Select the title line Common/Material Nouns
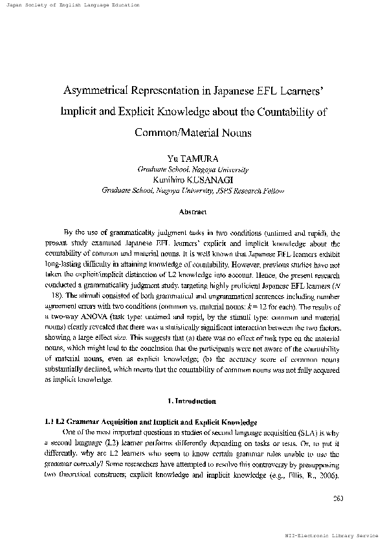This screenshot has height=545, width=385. [193, 131]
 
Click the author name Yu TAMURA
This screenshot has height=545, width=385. [193, 158]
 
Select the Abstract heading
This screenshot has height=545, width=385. [193, 211]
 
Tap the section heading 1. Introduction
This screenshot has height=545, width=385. [193, 401]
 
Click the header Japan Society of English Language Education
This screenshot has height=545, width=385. [71, 5]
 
